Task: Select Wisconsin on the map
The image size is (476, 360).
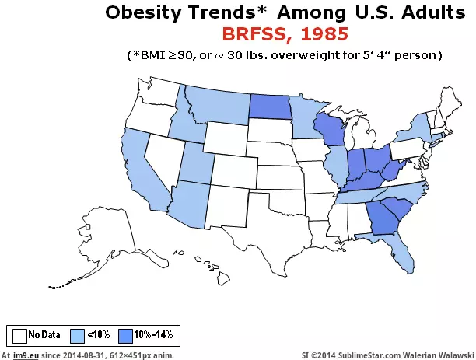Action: [329, 129]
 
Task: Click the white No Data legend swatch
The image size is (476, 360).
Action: [19, 335]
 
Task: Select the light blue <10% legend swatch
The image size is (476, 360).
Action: [77, 335]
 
